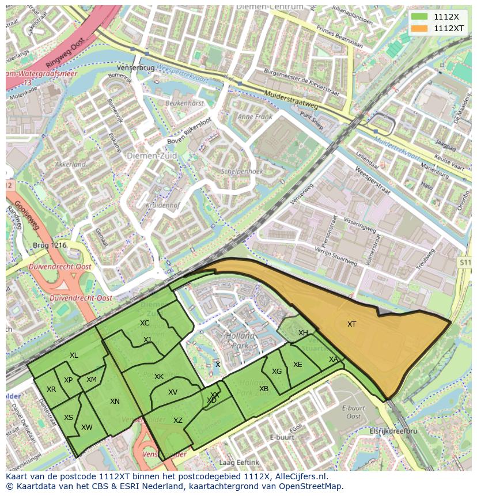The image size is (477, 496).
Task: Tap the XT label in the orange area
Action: coord(351,324)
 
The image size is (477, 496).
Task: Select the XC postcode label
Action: coord(145,323)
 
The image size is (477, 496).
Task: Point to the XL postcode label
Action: coord(74,355)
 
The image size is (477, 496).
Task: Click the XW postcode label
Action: coord(87,427)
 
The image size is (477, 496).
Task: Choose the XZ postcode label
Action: coord(178,421)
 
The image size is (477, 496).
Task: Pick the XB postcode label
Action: coord(264,389)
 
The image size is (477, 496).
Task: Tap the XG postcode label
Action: coord(277,372)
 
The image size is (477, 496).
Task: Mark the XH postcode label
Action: coord(303,333)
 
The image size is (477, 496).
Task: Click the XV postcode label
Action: coord(173,392)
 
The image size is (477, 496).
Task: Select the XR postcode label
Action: coord(51,389)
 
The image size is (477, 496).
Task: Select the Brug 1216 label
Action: coord(50,245)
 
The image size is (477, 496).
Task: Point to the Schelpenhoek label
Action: coord(242,172)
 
